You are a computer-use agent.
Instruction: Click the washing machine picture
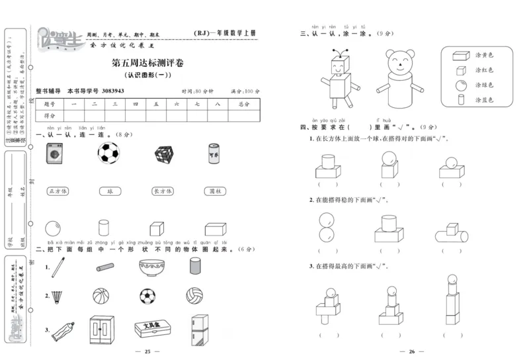pyautogui.click(x=54, y=155)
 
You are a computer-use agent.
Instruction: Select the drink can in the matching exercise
pyautogui.click(x=214, y=154)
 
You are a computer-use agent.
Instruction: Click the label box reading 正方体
pyautogui.click(x=58, y=191)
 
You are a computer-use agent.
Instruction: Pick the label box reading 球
pyautogui.click(x=110, y=191)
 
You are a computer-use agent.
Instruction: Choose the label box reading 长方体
pyautogui.click(x=162, y=191)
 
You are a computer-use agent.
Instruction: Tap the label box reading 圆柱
pyautogui.click(x=214, y=191)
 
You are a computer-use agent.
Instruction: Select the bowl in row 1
pyautogui.click(x=149, y=267)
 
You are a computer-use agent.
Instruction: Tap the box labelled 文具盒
pyautogui.click(x=149, y=328)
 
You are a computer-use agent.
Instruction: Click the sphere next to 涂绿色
pyautogui.click(x=460, y=85)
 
